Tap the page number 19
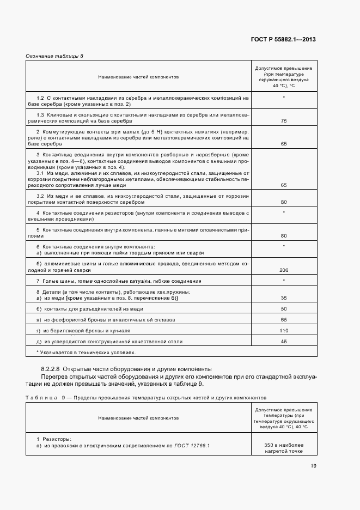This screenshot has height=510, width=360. click(x=313, y=465)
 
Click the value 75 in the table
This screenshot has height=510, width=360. click(x=284, y=121)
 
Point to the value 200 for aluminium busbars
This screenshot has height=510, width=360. click(x=284, y=270)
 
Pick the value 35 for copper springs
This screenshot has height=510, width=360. click(x=284, y=298)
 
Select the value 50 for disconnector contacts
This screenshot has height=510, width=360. click(x=284, y=309)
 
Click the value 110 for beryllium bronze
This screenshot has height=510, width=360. click(x=284, y=331)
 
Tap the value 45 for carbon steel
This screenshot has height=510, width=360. click(x=284, y=342)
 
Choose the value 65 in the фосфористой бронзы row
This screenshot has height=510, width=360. click(x=284, y=320)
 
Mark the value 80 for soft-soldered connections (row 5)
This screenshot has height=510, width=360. click(x=284, y=236)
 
